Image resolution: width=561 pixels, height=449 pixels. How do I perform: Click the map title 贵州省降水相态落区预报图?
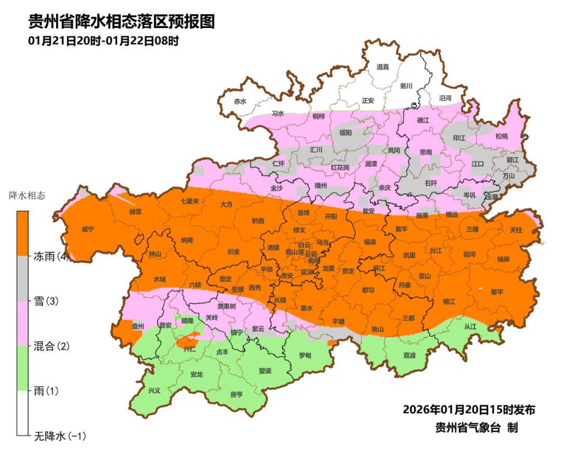[x=121, y=22]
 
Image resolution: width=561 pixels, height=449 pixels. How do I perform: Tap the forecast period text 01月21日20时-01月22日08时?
[x=103, y=41]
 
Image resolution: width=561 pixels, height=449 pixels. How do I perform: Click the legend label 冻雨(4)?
[x=51, y=256]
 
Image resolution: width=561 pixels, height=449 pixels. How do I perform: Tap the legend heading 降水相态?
[x=28, y=196]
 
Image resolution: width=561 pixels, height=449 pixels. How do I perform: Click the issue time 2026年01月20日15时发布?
[x=469, y=410]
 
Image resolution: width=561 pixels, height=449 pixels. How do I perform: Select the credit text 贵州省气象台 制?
[x=477, y=428]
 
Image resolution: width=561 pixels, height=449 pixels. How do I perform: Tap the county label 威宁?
[x=88, y=229]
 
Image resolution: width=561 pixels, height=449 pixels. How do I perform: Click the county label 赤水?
[x=239, y=101]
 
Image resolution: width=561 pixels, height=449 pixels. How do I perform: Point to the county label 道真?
[x=382, y=67]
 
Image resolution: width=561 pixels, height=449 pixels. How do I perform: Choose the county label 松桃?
[x=501, y=137]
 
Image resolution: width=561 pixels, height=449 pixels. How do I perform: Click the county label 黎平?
[x=497, y=292]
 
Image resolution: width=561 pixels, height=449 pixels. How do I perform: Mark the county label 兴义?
[x=154, y=390]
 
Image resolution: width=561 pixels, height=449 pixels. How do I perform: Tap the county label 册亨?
[x=236, y=394]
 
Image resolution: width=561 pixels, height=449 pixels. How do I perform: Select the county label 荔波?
[x=409, y=355]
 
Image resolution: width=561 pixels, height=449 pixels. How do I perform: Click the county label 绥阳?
[x=345, y=133]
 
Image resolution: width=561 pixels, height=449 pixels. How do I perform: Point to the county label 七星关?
[x=190, y=201]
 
